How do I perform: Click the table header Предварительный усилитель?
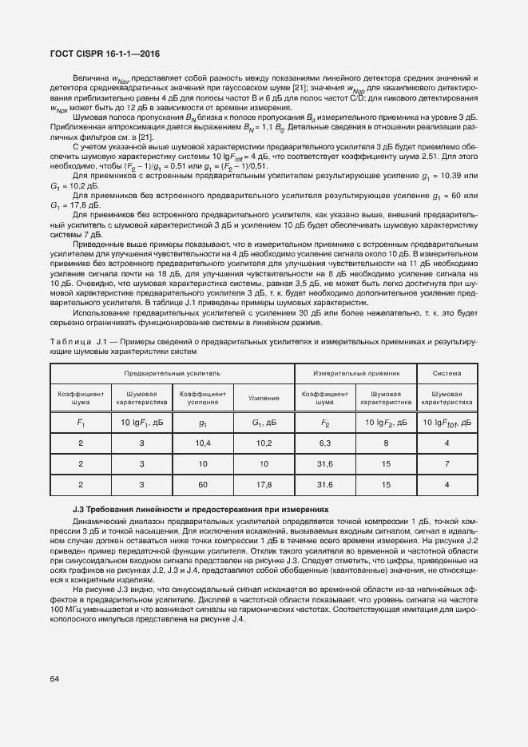172,372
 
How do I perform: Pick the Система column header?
451,372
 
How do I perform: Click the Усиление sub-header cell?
263,398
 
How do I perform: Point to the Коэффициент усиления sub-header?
202,398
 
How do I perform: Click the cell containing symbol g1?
202,421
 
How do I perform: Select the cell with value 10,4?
202,442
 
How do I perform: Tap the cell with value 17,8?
263,484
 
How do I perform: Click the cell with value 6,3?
325,442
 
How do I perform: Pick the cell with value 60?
202,484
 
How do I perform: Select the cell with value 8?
385,442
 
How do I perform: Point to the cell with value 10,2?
263,442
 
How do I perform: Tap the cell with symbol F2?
325,421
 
